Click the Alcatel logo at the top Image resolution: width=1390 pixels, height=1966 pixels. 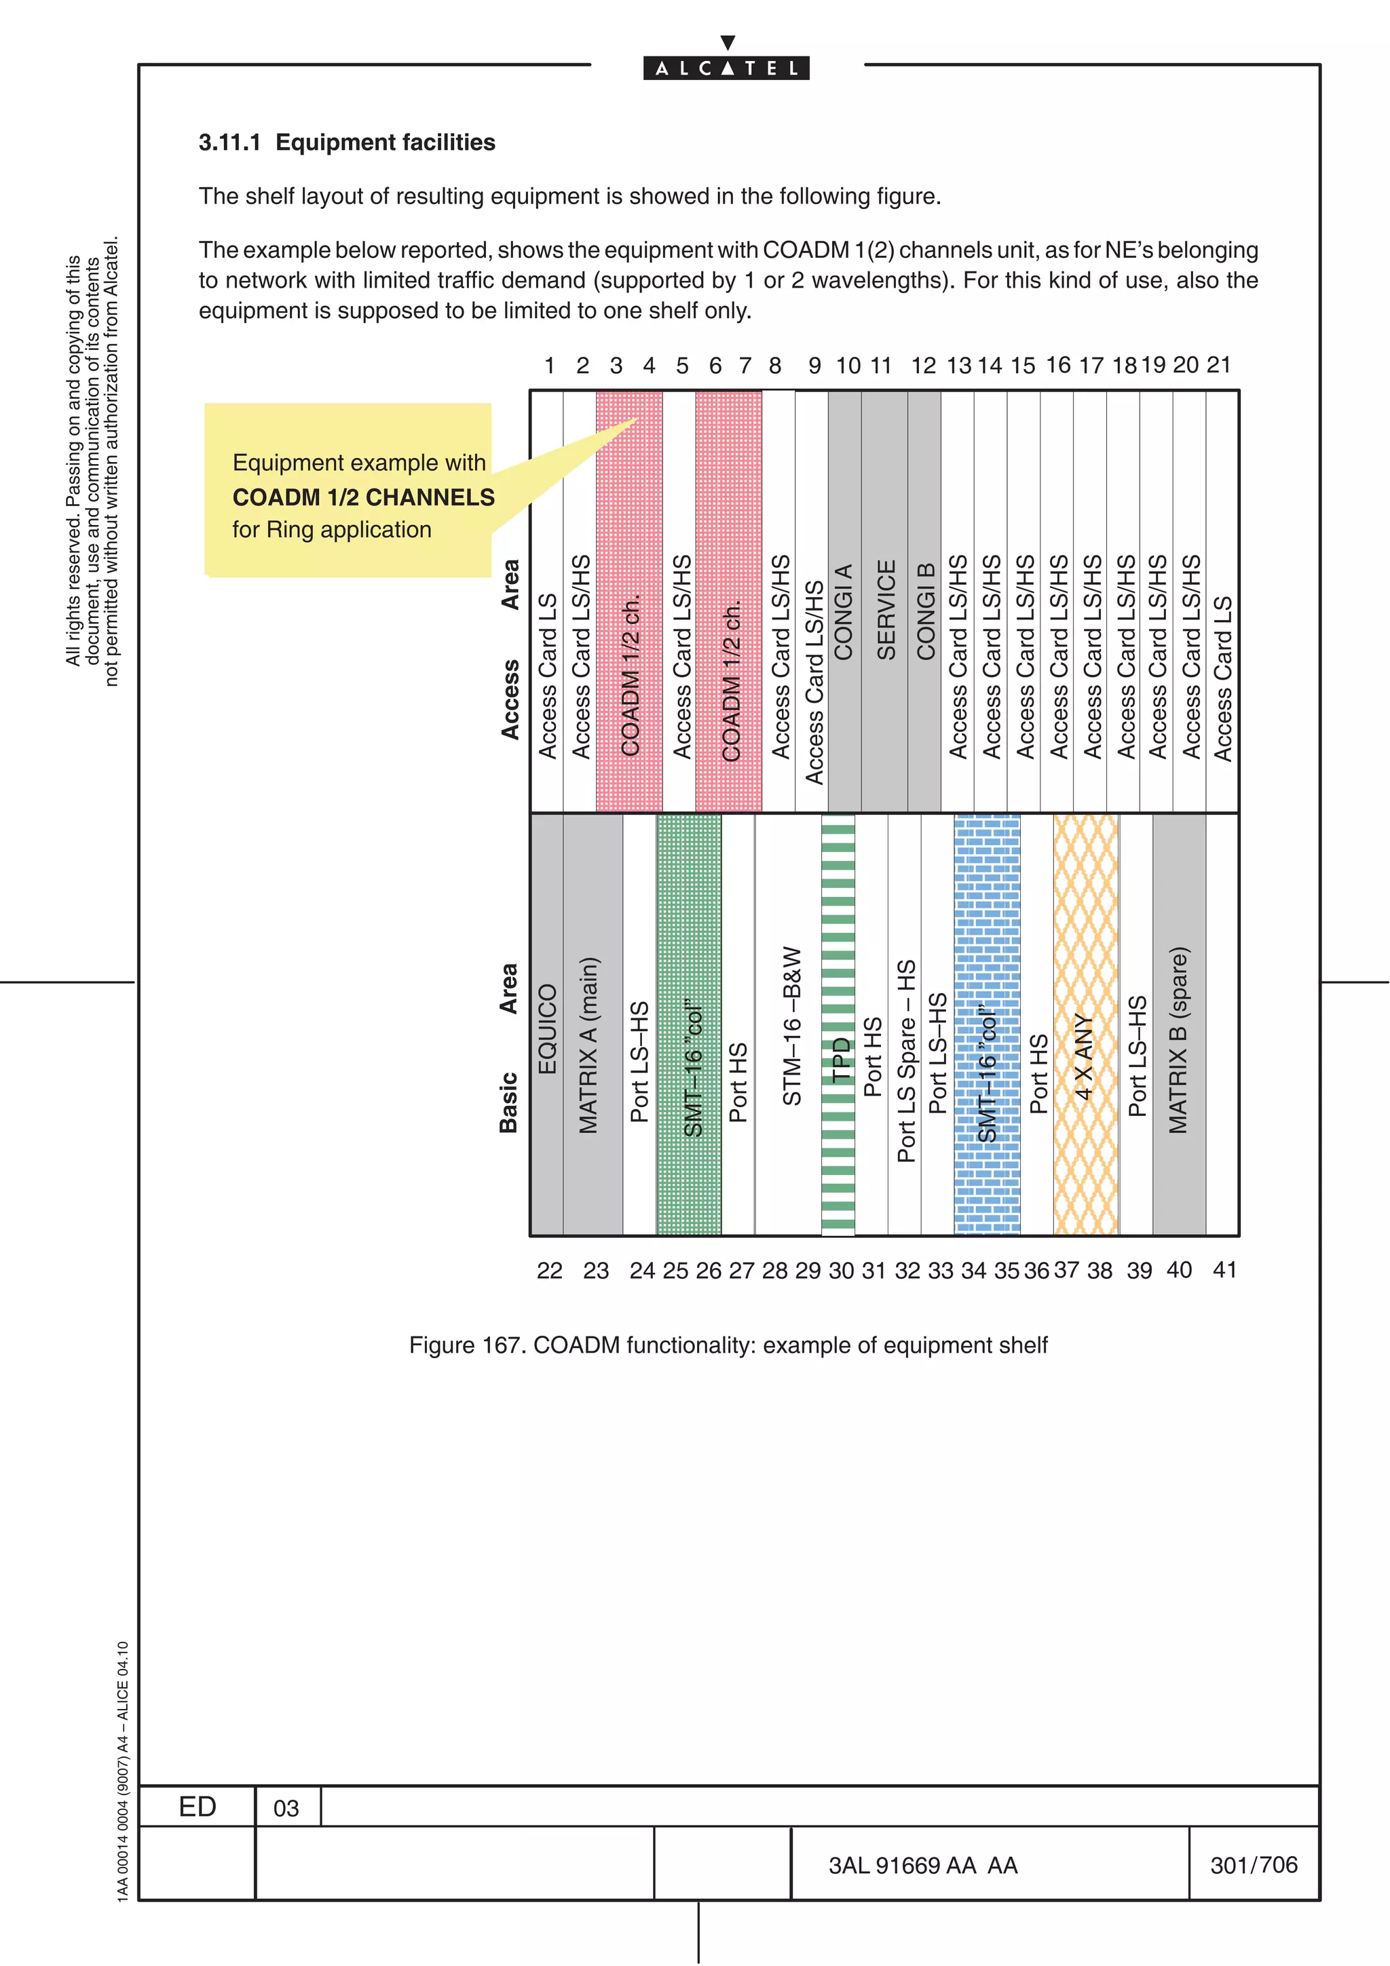(726, 66)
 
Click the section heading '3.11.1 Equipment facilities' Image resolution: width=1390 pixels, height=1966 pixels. (347, 142)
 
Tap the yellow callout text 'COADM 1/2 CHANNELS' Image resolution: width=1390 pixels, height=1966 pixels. (363, 497)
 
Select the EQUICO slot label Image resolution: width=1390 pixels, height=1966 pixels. (547, 1028)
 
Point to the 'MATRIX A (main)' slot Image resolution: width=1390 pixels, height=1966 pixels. (589, 1045)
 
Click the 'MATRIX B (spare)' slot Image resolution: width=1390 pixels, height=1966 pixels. (1180, 1041)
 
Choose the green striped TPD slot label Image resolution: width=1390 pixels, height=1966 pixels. (840, 1058)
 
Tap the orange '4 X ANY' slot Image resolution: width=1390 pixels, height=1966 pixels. (1085, 1058)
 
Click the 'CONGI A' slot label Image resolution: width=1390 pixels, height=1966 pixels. (844, 611)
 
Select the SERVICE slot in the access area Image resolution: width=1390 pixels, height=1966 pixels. (886, 610)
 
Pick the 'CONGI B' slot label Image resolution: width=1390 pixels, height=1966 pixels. (925, 611)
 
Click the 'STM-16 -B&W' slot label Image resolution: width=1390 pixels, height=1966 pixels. (792, 1026)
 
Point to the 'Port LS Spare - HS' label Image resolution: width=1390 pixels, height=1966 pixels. (906, 1062)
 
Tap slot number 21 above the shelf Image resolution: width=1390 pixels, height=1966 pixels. (1219, 366)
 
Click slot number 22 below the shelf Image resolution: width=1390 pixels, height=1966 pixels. (549, 1271)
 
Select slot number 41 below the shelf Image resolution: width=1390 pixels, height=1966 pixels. (1224, 1270)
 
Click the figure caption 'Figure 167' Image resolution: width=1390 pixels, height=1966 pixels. (728, 1345)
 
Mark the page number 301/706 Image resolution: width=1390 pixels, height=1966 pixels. (1254, 1865)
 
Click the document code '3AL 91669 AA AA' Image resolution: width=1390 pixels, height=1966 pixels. (922, 1866)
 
